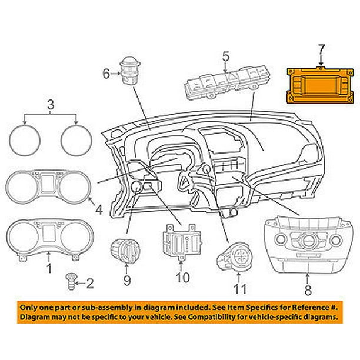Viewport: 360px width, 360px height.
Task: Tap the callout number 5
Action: (x=225, y=56)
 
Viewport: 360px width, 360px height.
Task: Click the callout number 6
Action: (x=106, y=74)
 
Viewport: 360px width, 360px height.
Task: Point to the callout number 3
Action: (x=51, y=105)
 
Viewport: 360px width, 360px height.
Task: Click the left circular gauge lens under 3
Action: (x=25, y=140)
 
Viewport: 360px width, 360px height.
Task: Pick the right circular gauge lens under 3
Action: (x=76, y=140)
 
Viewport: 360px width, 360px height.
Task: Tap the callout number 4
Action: (x=99, y=209)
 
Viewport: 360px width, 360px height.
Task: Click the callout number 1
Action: (x=49, y=269)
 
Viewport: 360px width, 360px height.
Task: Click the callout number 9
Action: (x=127, y=281)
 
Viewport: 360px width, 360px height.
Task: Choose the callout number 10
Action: (x=183, y=278)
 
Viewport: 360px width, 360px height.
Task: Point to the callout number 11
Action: (x=239, y=289)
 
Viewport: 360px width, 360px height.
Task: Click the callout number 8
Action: (x=308, y=290)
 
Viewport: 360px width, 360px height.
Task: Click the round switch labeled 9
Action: (x=125, y=251)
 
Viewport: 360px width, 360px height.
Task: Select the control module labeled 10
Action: (x=182, y=242)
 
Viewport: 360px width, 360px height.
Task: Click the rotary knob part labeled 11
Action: (x=235, y=258)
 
